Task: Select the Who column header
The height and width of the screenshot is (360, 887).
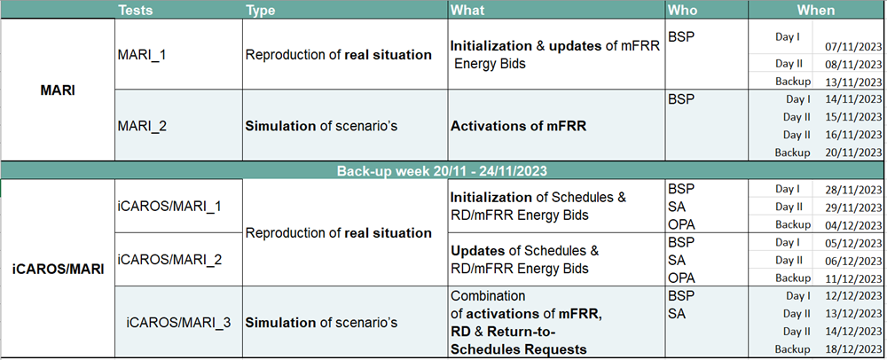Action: point(682,10)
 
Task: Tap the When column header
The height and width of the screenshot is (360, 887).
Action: point(816,10)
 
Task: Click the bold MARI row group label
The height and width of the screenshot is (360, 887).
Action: point(58,90)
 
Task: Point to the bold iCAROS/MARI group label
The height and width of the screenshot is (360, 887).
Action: point(59,270)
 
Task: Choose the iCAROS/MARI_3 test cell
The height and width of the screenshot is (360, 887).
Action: point(178,323)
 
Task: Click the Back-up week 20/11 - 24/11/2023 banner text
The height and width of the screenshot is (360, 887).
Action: point(443,170)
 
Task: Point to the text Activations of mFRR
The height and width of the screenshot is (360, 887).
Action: point(518,126)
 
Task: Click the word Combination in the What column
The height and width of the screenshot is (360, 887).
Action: point(488,295)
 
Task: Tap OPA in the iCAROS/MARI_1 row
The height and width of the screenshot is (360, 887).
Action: point(681,224)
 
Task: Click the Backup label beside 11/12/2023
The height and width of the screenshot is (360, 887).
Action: point(792,278)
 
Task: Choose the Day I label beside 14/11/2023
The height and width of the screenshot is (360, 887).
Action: point(797,99)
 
